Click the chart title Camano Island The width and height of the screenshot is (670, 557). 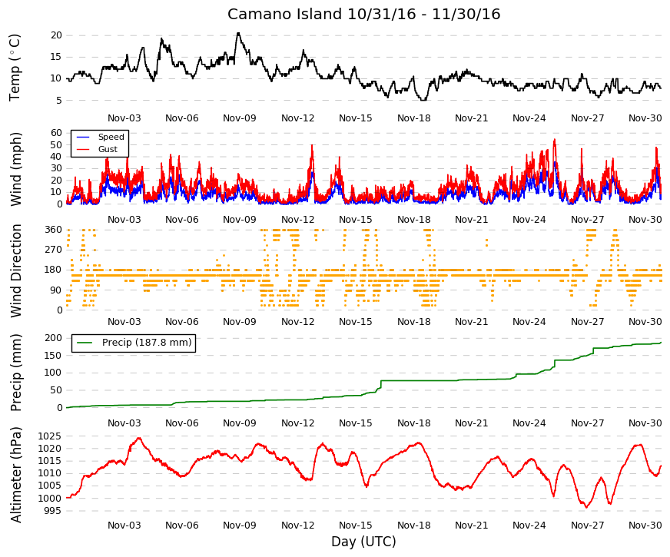tap(284, 14)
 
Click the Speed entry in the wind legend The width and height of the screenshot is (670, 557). tap(111, 137)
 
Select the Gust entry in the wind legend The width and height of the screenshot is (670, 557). tap(108, 149)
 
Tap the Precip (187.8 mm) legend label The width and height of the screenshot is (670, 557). tap(147, 343)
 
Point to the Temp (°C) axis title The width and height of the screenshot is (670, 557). tap(15, 68)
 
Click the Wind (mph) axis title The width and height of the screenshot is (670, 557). tap(15, 169)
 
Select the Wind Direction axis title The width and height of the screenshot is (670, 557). tap(15, 270)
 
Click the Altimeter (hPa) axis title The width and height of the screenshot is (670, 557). tap(15, 474)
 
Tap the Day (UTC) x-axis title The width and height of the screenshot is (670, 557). tap(363, 542)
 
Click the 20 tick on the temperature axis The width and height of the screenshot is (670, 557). tap(56, 35)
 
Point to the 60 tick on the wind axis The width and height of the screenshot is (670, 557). tap(56, 133)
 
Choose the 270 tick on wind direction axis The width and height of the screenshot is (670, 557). tap(54, 250)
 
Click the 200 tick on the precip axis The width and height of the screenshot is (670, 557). tap(54, 338)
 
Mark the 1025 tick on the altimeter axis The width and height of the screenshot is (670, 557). tap(50, 436)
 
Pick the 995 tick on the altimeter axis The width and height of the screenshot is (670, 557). tap(52, 511)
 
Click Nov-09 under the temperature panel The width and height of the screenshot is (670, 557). tap(240, 118)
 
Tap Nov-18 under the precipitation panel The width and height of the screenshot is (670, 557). tap(413, 423)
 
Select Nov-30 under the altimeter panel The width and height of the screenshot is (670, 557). tap(645, 525)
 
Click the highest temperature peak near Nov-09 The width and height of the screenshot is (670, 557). tap(238, 33)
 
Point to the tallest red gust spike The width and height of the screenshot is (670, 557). tap(555, 140)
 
